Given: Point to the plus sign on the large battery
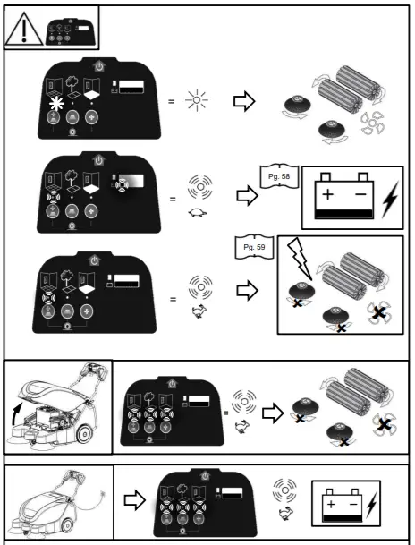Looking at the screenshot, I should coord(331,194).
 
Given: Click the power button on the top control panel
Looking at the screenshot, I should coord(98,64).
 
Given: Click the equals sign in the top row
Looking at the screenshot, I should coord(172,100).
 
